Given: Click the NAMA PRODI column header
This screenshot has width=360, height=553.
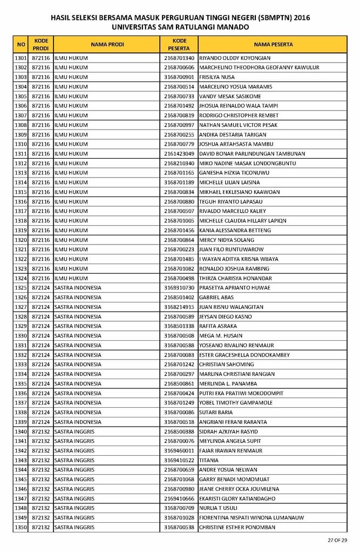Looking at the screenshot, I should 107,44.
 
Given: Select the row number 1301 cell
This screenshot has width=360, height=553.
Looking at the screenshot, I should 21,58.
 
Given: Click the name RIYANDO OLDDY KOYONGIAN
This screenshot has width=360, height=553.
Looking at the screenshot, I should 235,58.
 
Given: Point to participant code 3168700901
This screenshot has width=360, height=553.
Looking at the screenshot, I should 179,77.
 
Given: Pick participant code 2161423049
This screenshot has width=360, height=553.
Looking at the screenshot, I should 179,154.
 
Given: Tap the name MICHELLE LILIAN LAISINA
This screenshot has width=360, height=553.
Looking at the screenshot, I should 229,183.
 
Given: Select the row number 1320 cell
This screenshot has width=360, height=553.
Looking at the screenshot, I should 21,240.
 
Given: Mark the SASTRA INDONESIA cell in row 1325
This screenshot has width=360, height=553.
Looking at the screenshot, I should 78,288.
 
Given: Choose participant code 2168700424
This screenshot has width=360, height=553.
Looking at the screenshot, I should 179,393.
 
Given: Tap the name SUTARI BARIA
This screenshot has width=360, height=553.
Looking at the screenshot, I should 216,412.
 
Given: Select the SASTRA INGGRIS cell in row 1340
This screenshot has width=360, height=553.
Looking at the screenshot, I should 74,431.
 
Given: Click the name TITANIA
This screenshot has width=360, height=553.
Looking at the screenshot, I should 209,460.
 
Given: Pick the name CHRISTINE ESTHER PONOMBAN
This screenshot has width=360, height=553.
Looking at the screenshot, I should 237,527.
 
